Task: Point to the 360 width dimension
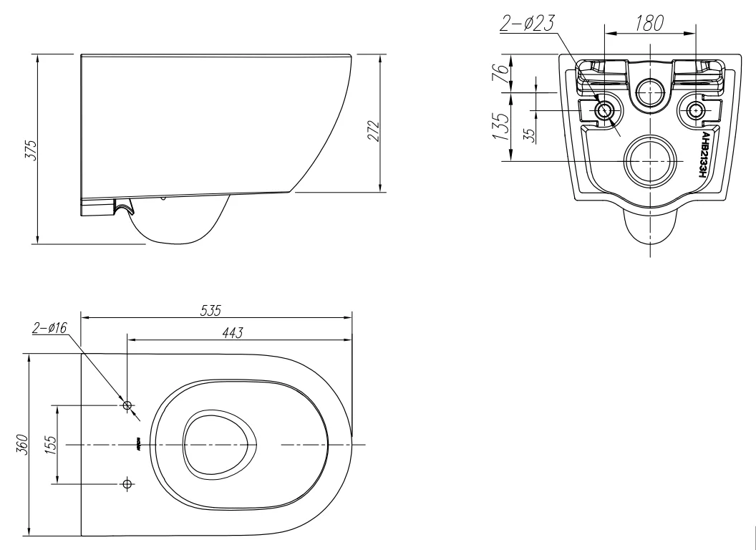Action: (x=24, y=444)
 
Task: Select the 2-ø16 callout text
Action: (x=49, y=328)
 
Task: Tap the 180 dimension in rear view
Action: (x=649, y=23)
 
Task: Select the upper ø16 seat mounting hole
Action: (x=128, y=406)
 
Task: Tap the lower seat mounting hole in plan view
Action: (x=128, y=484)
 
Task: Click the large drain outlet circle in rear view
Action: (x=650, y=161)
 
